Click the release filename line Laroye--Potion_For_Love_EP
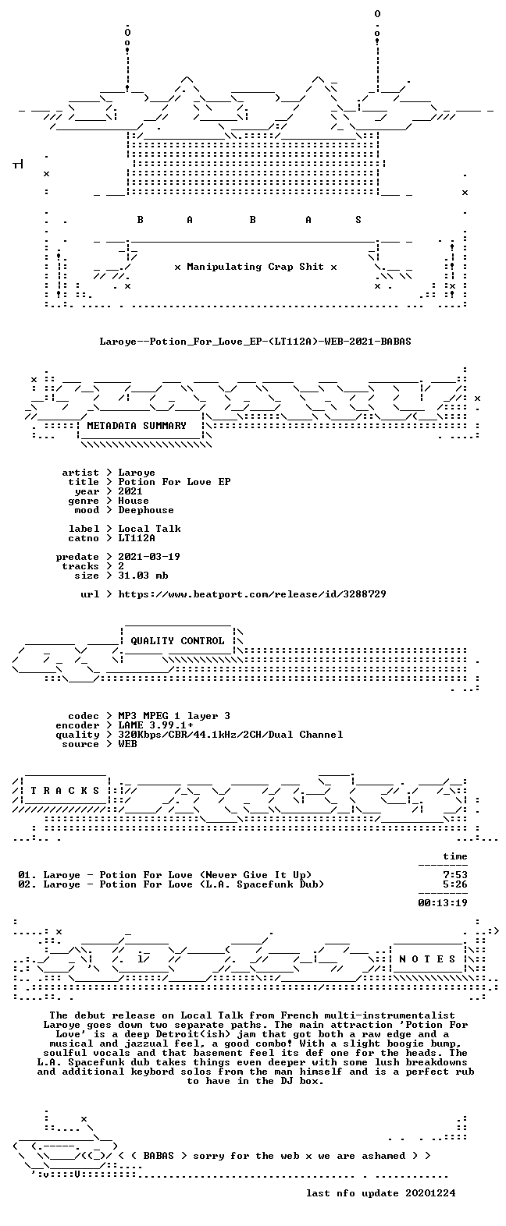coord(255,342)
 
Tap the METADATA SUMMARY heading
coord(137,425)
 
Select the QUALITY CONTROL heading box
coord(177,641)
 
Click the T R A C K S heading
coord(65,790)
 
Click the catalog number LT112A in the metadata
coord(137,538)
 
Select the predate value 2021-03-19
coord(149,557)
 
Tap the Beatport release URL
coord(252,594)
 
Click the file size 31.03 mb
coord(143,576)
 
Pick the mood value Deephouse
coord(146,510)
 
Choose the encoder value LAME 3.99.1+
coord(155,725)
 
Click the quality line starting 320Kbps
coord(230,735)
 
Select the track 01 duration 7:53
coord(455,875)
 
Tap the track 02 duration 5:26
coord(455,884)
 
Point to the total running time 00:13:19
coord(443,903)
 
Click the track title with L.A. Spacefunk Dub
coord(171,884)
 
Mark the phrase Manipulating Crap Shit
coord(255,267)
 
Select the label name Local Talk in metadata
coord(149,529)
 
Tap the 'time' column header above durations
coord(455,856)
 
